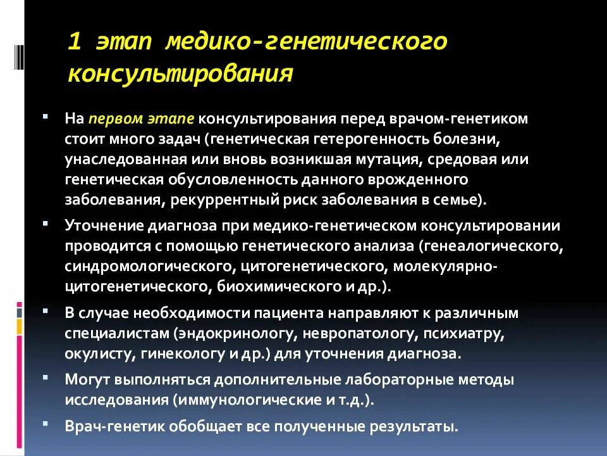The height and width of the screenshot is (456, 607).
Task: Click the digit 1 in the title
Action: tap(75, 42)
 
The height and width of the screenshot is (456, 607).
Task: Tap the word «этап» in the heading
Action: tap(124, 42)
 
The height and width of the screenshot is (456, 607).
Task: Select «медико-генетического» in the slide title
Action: tap(306, 42)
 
